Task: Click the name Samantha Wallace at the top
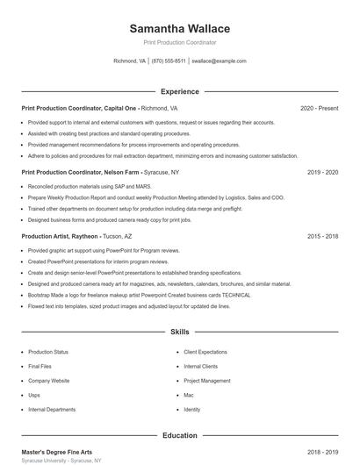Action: (180, 28)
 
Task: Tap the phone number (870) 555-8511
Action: (169, 61)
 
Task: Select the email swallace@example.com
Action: (219, 61)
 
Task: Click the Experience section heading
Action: (180, 91)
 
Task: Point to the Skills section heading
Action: (180, 333)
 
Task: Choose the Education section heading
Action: (180, 435)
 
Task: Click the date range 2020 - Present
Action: (319, 108)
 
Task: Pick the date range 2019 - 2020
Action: (322, 172)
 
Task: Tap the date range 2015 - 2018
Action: (322, 236)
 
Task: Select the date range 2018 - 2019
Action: (322, 452)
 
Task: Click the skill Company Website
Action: (48, 381)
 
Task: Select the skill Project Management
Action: (206, 381)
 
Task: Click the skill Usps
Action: (34, 395)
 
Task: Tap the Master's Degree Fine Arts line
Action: (56, 452)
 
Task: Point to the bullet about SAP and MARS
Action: (77, 187)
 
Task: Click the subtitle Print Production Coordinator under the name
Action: (180, 42)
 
